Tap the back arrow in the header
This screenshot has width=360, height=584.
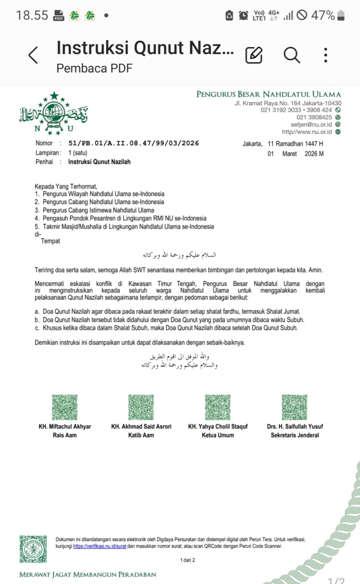point(33,55)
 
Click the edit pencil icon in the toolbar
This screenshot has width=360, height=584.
point(254,55)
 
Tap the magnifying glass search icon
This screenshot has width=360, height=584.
point(292,55)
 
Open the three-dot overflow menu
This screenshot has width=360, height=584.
point(326,55)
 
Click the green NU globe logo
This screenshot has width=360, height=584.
point(54,113)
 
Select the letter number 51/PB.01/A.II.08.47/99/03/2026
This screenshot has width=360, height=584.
point(133,143)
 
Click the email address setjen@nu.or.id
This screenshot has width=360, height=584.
point(311,124)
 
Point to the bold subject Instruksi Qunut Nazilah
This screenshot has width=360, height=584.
point(99,162)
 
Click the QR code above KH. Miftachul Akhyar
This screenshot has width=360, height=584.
point(65,407)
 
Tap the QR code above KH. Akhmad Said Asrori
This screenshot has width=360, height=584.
point(141,407)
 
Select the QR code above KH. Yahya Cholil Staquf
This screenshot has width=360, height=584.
point(218,407)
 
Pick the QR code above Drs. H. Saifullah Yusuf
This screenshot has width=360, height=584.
point(294,407)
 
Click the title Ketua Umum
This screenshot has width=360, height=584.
point(218,435)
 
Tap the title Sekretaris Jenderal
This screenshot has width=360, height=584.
point(295,435)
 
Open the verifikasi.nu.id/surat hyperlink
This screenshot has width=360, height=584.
point(100,546)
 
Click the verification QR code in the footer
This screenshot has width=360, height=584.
point(33,549)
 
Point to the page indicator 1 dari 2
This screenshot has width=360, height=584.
point(187,560)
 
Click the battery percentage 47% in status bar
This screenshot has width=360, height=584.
point(323,15)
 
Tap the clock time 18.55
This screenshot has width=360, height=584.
point(32,15)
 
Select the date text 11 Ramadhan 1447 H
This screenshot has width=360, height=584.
point(295,144)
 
